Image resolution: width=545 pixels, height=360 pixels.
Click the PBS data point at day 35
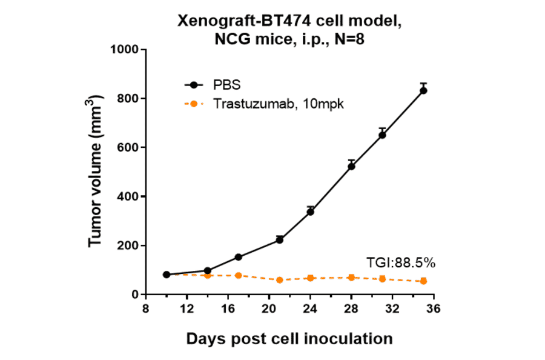tap(423, 90)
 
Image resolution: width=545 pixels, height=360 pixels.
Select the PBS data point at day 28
tap(351, 166)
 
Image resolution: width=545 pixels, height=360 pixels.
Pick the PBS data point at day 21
tap(279, 240)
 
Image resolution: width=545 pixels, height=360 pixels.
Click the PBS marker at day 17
tap(238, 257)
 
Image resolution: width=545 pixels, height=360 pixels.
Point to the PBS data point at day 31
tap(382, 135)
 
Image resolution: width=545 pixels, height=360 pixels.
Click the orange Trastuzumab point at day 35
tap(423, 281)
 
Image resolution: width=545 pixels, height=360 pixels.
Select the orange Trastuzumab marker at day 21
tap(279, 280)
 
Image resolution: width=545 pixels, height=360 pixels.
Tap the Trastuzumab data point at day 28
tap(351, 278)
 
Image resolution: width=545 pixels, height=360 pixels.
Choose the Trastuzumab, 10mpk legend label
tap(279, 104)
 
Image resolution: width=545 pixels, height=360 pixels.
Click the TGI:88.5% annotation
tap(401, 262)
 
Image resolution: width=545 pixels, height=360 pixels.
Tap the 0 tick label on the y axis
tap(134, 295)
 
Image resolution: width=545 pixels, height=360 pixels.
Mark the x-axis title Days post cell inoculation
tap(289, 338)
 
